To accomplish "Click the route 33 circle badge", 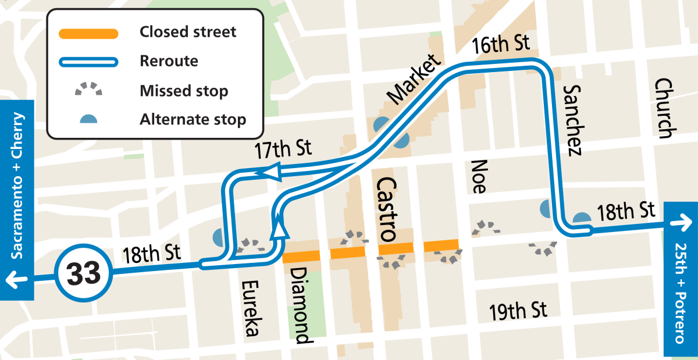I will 84,273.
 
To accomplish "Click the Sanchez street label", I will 572,120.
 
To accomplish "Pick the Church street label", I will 663,108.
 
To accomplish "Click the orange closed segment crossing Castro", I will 396,249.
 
